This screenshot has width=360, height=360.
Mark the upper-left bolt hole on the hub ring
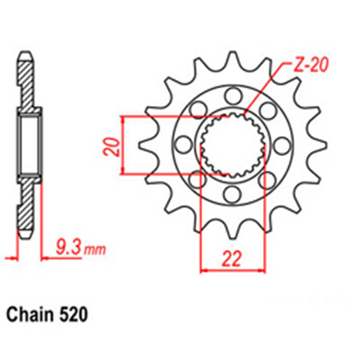coord(197,110)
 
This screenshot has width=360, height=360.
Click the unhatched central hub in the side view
coord(28,143)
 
